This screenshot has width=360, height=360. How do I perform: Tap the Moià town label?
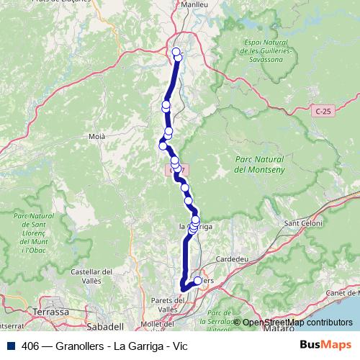[x=96, y=135]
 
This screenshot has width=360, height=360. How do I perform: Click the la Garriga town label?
[x=194, y=227]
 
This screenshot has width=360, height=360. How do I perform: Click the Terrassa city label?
[x=50, y=312]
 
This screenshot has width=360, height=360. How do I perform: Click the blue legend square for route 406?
[x=11, y=346]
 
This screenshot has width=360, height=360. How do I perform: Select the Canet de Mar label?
[x=339, y=293]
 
